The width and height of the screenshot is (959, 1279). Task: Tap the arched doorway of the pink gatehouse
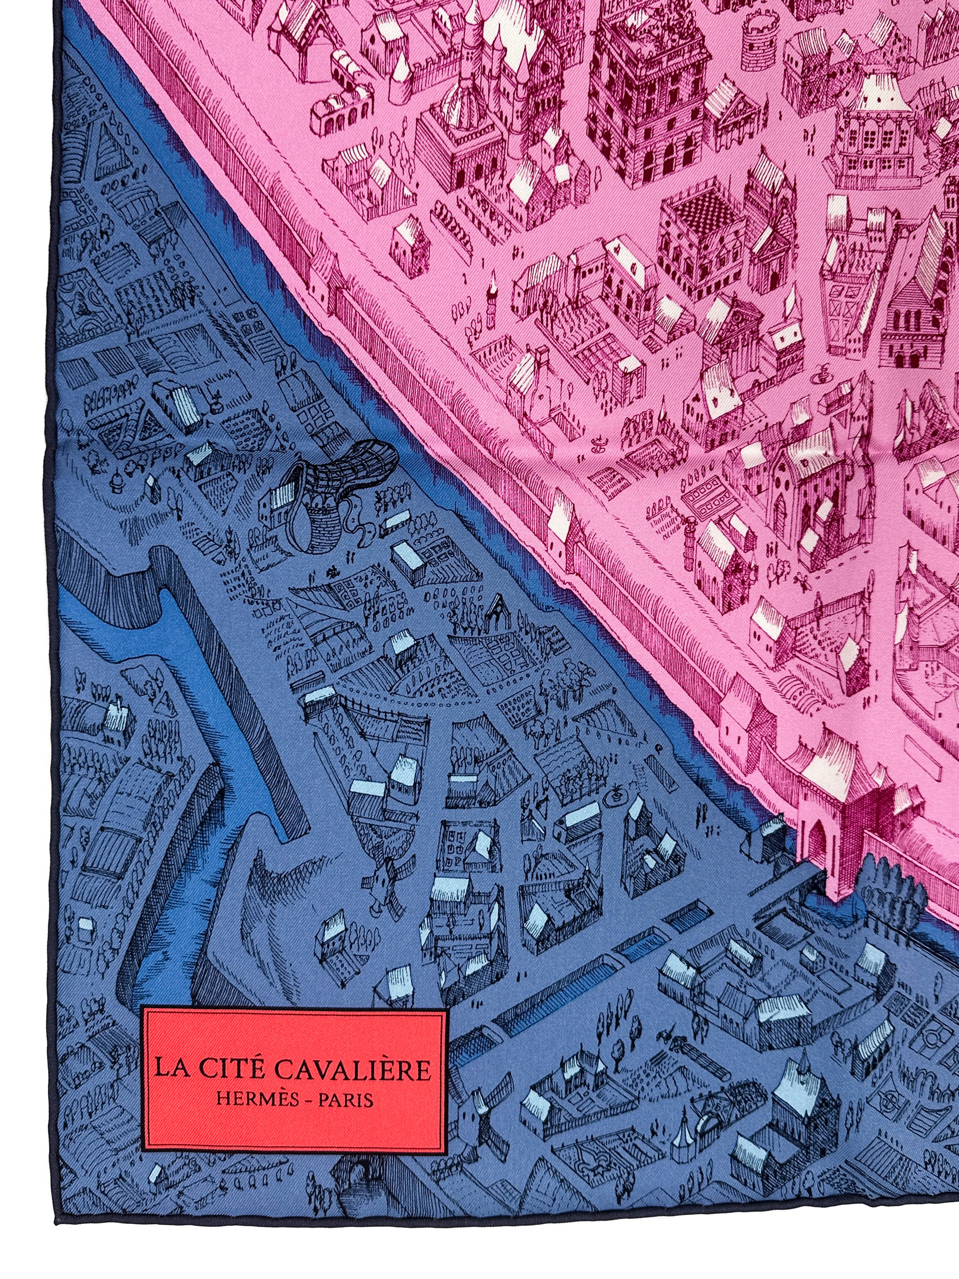point(816,845)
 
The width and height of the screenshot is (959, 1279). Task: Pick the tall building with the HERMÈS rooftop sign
point(648,75)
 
